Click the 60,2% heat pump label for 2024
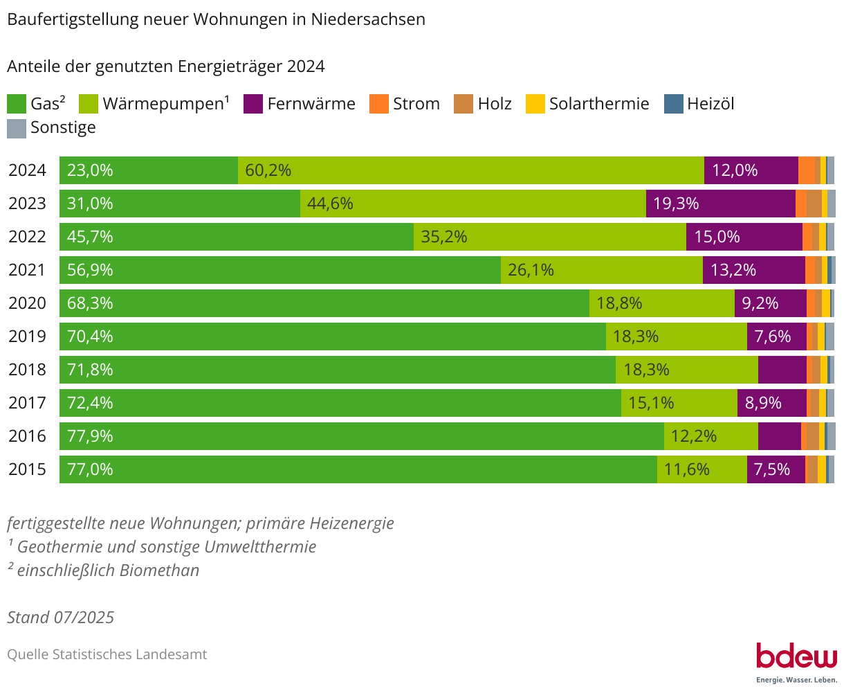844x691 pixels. point(268,170)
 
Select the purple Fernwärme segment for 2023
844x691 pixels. point(720,204)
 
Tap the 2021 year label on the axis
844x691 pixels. point(27,270)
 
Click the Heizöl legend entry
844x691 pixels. point(699,104)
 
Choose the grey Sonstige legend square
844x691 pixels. point(17,128)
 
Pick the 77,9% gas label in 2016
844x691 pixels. point(90,436)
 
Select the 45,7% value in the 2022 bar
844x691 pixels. point(90,237)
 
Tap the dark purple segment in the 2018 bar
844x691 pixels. point(782,370)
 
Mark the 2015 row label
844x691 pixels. point(27,469)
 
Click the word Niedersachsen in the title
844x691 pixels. point(367,19)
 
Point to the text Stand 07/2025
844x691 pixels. point(60,617)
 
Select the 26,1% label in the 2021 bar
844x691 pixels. point(531,270)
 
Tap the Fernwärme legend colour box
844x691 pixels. point(253,104)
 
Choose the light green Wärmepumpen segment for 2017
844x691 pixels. point(679,403)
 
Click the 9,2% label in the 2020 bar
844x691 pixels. point(760,303)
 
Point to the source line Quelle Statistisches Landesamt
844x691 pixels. point(107,654)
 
